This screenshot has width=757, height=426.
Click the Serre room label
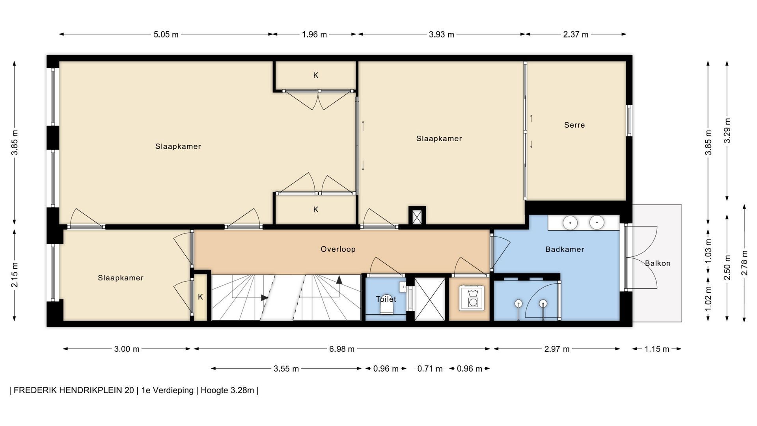[x=574, y=125]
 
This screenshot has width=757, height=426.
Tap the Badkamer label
[x=565, y=249]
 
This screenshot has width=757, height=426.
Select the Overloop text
[x=338, y=249]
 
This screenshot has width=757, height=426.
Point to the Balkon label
[x=658, y=263]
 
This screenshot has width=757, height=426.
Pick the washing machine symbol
[x=472, y=298]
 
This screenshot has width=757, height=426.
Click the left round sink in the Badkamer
[x=570, y=223]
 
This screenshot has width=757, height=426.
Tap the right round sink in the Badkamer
[x=597, y=223]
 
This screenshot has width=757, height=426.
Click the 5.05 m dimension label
[x=166, y=34]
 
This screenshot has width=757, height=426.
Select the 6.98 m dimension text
[x=342, y=349]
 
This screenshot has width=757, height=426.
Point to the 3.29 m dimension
[x=727, y=131]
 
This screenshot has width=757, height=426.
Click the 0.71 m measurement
[x=430, y=369]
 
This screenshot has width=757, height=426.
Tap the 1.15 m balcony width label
[x=657, y=349]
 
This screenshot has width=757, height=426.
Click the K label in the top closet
[x=316, y=75]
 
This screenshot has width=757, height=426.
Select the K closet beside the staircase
[x=200, y=297]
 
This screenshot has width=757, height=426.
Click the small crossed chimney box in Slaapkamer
[x=417, y=216]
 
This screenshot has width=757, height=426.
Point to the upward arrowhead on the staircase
[x=339, y=280]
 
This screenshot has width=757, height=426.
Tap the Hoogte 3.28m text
[x=227, y=390]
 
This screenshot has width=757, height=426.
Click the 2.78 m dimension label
[x=744, y=263]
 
